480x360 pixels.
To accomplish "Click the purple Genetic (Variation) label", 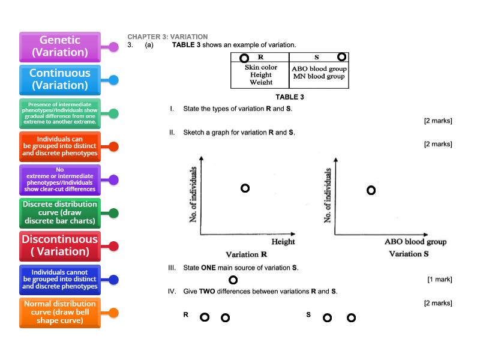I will pos(60,46).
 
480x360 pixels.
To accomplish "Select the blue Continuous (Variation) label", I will pos(60,79).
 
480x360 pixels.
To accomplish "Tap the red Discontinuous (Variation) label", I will pos(60,245).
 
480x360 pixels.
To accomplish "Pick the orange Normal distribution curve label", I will pos(60,312).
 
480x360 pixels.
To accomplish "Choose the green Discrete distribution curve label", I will pos(60,212).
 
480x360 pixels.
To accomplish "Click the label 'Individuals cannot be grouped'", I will pos(60,279).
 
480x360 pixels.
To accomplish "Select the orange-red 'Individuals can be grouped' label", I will pos(60,146).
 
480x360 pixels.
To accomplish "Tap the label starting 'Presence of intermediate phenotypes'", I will pos(60,113).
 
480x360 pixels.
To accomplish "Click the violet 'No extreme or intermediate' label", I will pos(60,179).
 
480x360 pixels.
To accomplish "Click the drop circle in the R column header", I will pos(244,58).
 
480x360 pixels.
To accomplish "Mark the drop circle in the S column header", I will pos(341,57).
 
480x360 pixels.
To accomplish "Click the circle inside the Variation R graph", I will pos(245,188).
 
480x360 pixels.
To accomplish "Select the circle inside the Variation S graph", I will pos(371,190).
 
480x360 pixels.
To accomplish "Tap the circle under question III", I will pos(233,280).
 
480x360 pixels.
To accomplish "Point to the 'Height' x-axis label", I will pos(283,242).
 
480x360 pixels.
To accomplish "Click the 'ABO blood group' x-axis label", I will pos(415,242).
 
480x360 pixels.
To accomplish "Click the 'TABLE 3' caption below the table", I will pos(290,97).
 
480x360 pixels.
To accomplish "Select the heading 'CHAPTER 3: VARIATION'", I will pos(167,37).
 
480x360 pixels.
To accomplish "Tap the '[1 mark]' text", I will pos(439,280).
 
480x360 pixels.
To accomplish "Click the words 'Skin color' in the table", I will pos(261,67).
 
